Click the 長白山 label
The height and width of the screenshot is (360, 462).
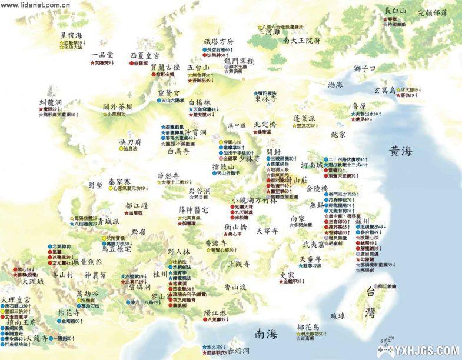click(395, 11)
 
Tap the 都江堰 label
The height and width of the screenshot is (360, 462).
click(137, 206)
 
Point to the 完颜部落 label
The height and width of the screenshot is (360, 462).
click(433, 12)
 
